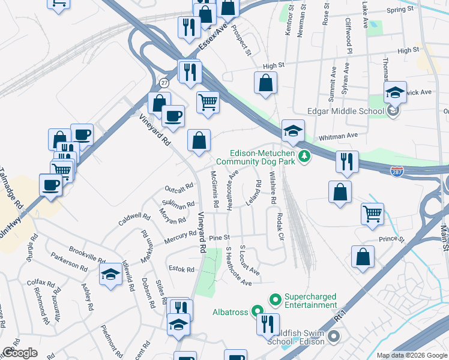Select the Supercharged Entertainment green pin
276,298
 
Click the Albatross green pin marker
258,311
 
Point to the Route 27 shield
164,82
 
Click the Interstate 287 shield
397,171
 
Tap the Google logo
20,353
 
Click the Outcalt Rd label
180,187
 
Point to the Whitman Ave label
338,137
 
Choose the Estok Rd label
181,269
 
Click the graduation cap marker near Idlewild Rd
111,275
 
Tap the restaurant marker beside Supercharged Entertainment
268,323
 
